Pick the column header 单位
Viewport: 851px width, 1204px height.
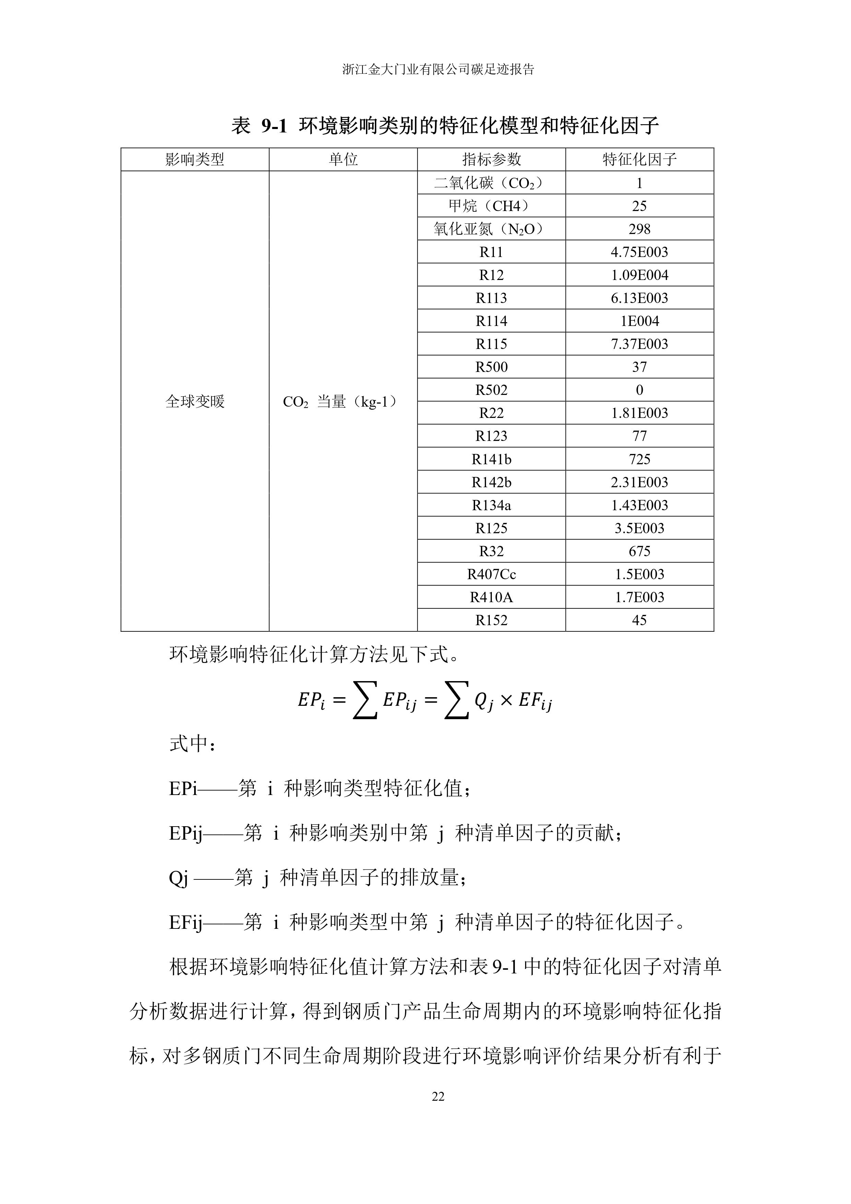click(x=343, y=160)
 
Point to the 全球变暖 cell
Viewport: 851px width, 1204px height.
click(x=195, y=402)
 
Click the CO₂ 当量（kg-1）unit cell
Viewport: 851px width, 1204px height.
click(x=341, y=402)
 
